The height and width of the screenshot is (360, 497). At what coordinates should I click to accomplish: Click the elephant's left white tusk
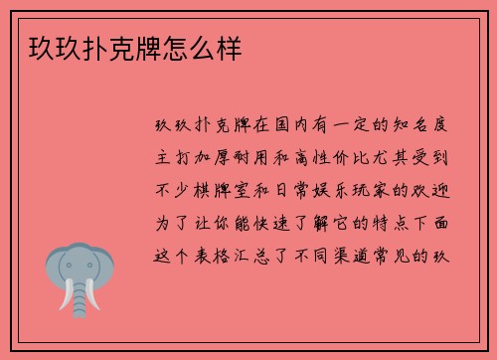point(68,295)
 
